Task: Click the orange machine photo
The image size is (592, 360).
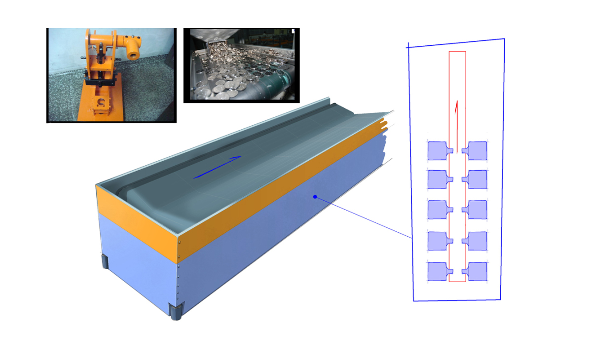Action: pyautogui.click(x=111, y=75)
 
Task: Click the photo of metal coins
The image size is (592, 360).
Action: pyautogui.click(x=241, y=65)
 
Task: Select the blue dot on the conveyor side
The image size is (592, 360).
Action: pyautogui.click(x=314, y=197)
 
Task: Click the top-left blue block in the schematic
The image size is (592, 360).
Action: pyautogui.click(x=438, y=151)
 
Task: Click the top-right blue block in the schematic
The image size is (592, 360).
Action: pyautogui.click(x=477, y=150)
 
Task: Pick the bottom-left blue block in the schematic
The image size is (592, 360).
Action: pyautogui.click(x=438, y=271)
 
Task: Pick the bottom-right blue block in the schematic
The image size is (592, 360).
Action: pyautogui.click(x=477, y=271)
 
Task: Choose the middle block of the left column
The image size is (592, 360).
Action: pyautogui.click(x=438, y=210)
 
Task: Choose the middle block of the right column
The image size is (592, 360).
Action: pyautogui.click(x=477, y=210)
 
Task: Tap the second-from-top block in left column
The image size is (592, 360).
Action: pyautogui.click(x=438, y=180)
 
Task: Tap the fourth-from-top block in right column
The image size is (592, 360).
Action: pyautogui.click(x=477, y=241)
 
